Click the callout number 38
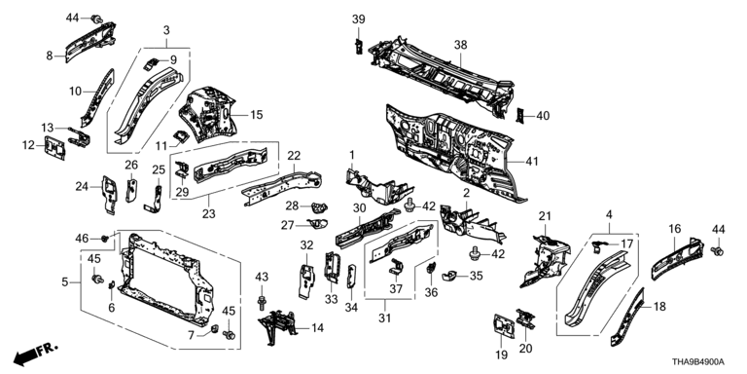[461, 46]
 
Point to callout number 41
[531, 162]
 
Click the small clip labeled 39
[359, 47]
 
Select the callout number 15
[257, 115]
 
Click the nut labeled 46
[105, 238]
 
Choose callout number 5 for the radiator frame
[65, 281]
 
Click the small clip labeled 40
[520, 116]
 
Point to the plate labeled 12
[54, 147]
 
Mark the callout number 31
[384, 318]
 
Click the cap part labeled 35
[449, 276]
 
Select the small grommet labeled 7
[214, 328]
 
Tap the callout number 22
[294, 156]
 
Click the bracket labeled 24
[109, 194]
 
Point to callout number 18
[659, 307]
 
